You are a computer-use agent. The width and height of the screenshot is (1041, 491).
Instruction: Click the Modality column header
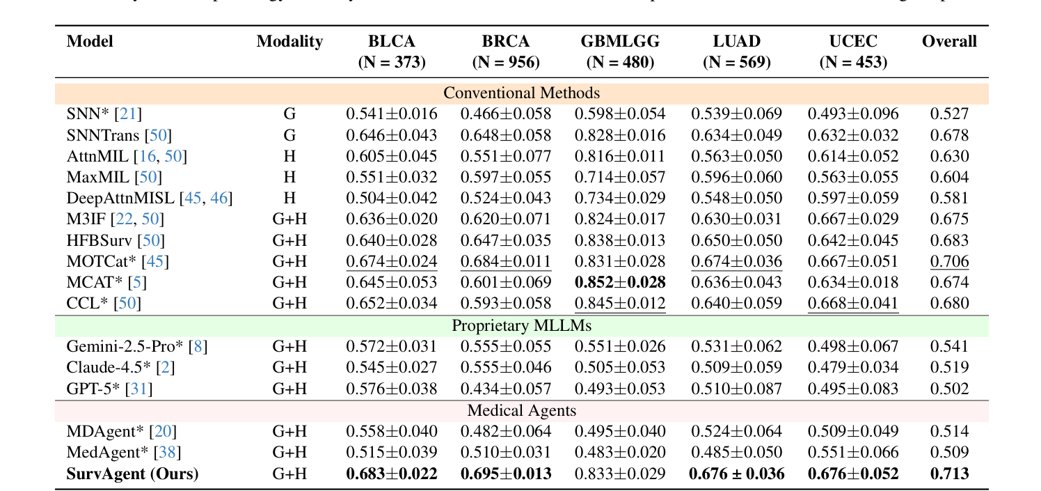289,42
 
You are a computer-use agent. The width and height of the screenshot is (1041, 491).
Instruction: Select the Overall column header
949,42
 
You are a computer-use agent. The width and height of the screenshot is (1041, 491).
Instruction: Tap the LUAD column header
736,42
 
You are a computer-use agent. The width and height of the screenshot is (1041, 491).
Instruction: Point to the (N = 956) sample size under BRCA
506,63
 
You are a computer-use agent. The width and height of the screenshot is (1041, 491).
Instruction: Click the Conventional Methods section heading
521,93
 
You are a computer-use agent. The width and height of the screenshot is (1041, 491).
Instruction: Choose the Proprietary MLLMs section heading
521,325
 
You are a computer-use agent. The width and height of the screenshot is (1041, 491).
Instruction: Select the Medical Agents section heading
521,411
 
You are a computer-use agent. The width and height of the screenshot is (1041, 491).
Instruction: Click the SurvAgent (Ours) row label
132,474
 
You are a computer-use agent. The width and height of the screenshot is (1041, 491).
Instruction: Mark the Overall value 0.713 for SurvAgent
949,474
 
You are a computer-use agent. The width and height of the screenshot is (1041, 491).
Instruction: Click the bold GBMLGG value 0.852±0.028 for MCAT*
620,282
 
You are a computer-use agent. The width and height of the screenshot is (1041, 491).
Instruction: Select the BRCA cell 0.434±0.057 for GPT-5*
506,389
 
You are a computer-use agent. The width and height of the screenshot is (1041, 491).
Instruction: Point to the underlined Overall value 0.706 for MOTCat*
949,261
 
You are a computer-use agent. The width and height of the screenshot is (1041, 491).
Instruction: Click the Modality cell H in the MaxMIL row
289,178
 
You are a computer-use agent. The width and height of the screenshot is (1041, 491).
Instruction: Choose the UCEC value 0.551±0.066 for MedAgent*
853,453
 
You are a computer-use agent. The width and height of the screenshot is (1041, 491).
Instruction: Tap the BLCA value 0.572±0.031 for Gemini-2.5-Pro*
392,346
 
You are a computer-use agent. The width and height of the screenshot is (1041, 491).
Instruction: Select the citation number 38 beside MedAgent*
167,453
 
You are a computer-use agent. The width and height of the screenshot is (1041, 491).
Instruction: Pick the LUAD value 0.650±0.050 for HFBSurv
736,240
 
